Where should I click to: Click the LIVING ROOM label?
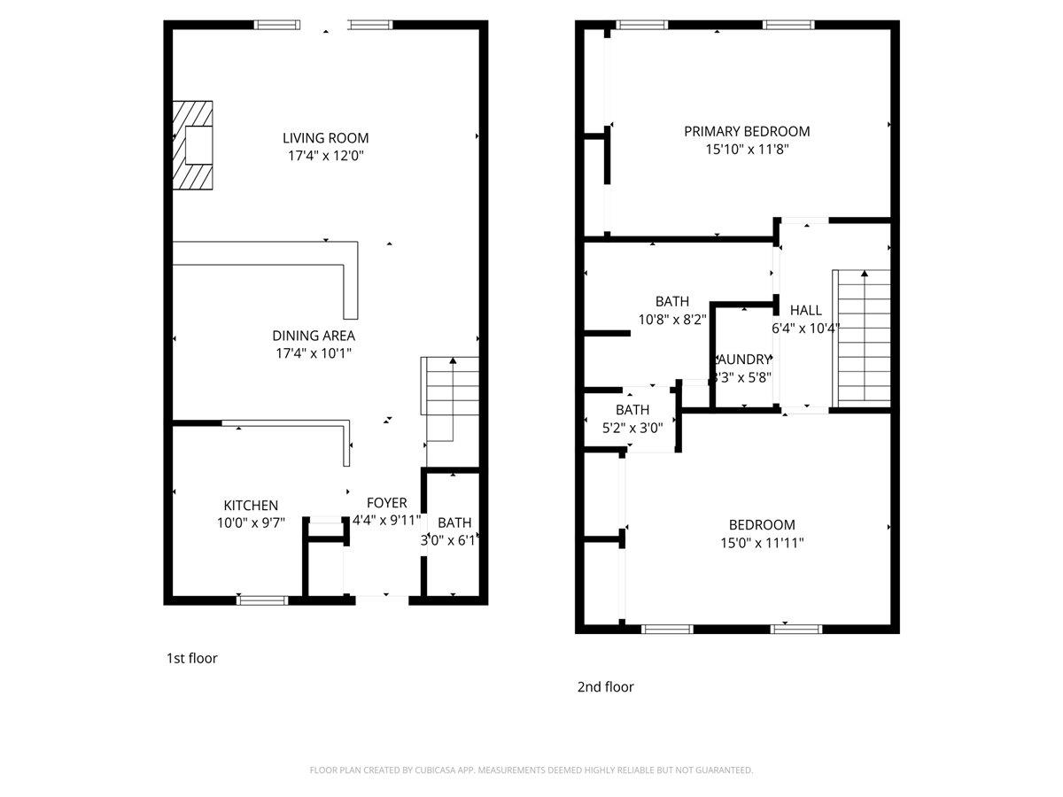point(325,138)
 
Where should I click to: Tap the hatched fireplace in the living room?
point(193,144)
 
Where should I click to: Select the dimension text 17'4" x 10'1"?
point(314,353)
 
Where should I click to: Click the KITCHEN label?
point(251,505)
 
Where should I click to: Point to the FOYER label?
point(386,503)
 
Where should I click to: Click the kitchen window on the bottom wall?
point(263,600)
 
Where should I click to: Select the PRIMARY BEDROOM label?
point(746,131)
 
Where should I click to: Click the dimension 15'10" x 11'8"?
point(746,150)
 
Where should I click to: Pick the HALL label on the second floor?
point(805,310)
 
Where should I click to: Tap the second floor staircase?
point(861,337)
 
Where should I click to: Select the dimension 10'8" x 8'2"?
point(671,320)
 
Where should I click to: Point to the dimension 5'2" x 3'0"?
point(632,428)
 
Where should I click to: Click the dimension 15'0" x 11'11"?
point(762,543)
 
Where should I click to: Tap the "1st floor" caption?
point(191,658)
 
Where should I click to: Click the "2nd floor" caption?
point(605,686)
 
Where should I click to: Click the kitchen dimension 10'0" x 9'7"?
point(251,522)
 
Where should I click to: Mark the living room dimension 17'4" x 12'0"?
point(325,156)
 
